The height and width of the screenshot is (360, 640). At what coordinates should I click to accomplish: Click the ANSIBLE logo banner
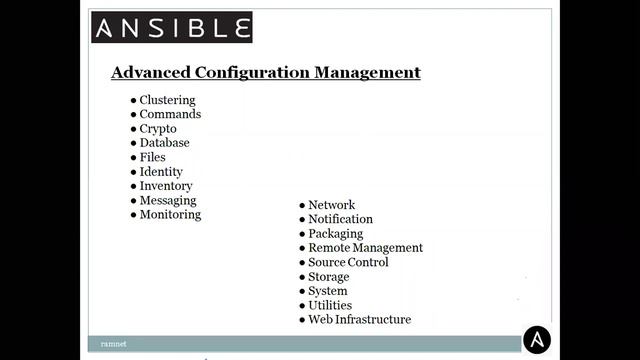pyautogui.click(x=172, y=27)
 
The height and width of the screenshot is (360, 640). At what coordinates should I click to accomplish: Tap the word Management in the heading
pyautogui.click(x=367, y=72)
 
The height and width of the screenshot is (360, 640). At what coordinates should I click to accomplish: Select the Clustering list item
pyautogui.click(x=167, y=100)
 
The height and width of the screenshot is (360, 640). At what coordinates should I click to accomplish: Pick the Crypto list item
pyautogui.click(x=158, y=129)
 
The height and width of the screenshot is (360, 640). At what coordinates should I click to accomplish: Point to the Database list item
pyautogui.click(x=164, y=143)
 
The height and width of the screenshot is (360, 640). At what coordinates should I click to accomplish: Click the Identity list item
pyautogui.click(x=161, y=172)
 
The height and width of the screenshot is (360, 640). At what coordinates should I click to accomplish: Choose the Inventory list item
pyautogui.click(x=166, y=186)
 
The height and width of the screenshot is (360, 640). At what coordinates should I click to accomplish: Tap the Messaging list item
pyautogui.click(x=168, y=200)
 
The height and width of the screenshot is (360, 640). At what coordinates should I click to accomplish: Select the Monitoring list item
pyautogui.click(x=170, y=214)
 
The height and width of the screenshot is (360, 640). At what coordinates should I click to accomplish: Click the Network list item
pyautogui.click(x=331, y=205)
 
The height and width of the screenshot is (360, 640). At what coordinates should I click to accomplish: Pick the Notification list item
pyautogui.click(x=340, y=219)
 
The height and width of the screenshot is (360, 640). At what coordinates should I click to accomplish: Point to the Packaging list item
pyautogui.click(x=335, y=234)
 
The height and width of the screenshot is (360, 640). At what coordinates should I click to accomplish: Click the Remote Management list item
pyautogui.click(x=365, y=248)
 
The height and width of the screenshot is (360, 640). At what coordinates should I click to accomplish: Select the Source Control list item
pyautogui.click(x=348, y=262)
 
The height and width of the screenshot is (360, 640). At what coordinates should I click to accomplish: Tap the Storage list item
pyautogui.click(x=328, y=277)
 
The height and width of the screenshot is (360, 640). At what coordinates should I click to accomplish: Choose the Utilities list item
pyautogui.click(x=330, y=305)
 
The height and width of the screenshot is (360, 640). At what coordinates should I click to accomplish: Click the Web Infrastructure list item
pyautogui.click(x=359, y=320)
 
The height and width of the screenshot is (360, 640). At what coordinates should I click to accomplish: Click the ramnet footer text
pyautogui.click(x=113, y=343)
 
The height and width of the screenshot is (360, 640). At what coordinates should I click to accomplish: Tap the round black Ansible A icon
pyautogui.click(x=537, y=340)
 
